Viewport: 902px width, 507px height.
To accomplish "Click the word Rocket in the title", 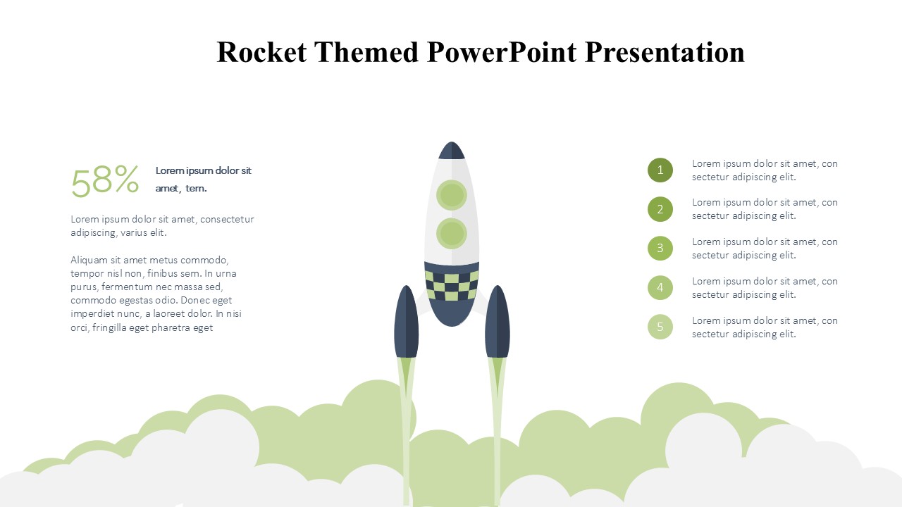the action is [261, 52].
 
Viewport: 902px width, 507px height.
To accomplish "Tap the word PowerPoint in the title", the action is [502, 53].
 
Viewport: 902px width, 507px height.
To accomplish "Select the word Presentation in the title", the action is [665, 52].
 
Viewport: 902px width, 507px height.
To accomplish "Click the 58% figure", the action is [105, 181].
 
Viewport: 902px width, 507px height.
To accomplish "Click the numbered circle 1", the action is [660, 170].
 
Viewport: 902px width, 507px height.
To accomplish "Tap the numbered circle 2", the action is [660, 209].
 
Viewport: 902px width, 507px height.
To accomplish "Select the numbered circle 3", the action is [660, 249].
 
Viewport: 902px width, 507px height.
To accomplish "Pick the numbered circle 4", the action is [660, 288].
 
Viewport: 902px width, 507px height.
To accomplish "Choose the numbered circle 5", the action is [660, 327].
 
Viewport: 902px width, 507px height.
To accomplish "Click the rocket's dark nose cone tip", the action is [452, 142].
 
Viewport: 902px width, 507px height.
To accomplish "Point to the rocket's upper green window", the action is [452, 195].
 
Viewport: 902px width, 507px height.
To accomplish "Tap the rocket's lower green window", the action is [452, 233].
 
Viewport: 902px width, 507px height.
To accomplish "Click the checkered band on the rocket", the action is [452, 286].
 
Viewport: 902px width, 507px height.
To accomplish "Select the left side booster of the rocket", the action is [406, 322].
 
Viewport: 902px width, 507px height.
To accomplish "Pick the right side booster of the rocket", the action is [498, 322].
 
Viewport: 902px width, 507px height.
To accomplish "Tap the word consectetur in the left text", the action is [227, 219].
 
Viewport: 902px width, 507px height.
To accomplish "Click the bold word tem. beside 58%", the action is [196, 188].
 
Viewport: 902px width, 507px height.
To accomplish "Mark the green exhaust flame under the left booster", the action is [406, 378].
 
